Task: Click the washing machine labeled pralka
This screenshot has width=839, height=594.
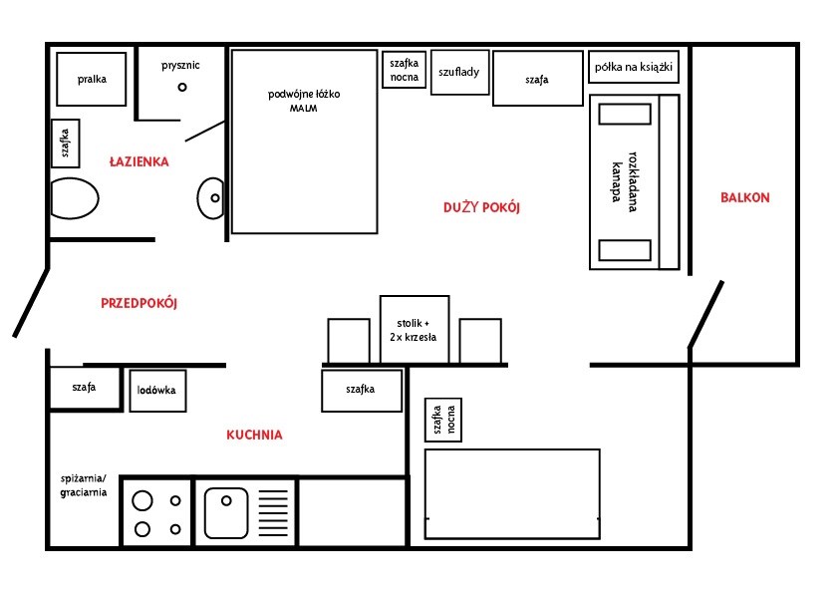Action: pos(92,79)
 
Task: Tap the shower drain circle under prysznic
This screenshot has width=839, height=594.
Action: pos(182,87)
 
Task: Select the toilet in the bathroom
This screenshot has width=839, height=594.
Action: pos(75,198)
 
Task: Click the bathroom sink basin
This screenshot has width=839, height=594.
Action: pos(211,198)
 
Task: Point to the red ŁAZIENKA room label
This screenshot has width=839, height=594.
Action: pos(140,161)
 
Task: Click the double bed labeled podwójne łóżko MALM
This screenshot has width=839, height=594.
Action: pos(305,142)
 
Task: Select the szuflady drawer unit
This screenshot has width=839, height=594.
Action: pos(459,73)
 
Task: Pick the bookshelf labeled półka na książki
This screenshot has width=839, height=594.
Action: pos(634,67)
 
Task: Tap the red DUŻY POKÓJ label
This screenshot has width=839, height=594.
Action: pos(481,207)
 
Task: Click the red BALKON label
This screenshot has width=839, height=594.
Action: pos(744,197)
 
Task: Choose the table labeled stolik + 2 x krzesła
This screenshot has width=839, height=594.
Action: pos(415,330)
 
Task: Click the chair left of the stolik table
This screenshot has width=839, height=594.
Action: pos(349,341)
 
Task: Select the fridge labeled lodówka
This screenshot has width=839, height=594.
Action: pos(157,391)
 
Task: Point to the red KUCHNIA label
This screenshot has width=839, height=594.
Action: pos(254,435)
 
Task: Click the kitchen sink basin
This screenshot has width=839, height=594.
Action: pos(226,512)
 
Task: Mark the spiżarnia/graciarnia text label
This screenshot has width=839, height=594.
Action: pos(84,485)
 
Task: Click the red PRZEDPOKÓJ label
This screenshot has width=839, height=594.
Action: pos(140,303)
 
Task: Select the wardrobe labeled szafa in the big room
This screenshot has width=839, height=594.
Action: pos(538,78)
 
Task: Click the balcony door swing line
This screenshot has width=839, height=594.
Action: pos(705,314)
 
